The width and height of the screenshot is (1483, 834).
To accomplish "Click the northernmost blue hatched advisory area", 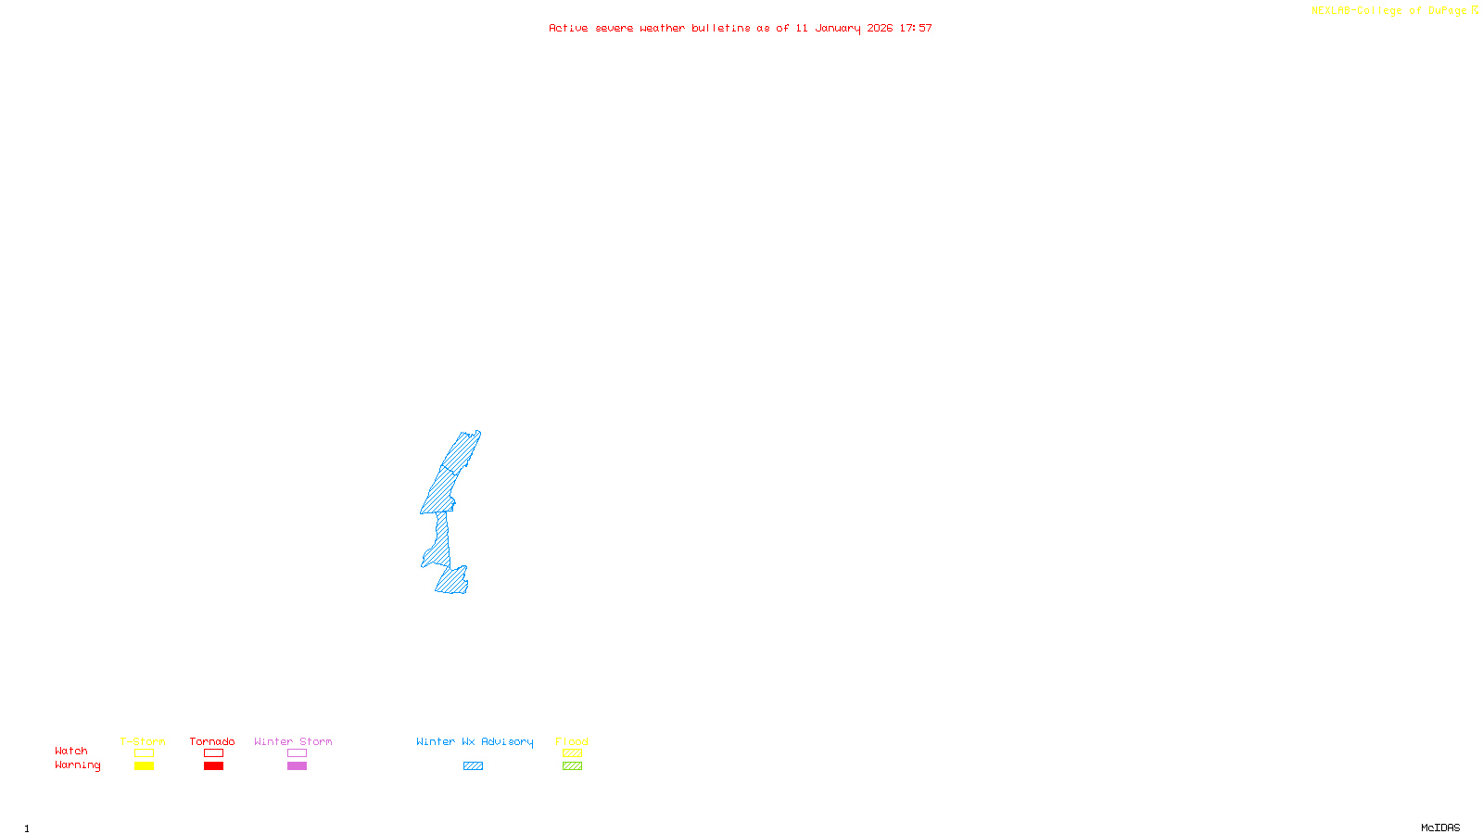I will click(462, 451).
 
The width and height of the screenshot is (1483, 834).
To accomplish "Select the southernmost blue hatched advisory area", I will click(452, 582).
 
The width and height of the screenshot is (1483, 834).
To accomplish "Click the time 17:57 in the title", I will click(916, 28).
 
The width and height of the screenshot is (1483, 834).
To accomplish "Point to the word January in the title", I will click(837, 28).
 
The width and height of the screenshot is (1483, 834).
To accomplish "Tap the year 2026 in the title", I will click(880, 28).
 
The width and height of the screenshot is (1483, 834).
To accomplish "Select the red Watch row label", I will click(71, 751).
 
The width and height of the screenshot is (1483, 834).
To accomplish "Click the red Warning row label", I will click(77, 765).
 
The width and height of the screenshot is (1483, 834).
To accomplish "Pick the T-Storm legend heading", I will click(143, 741).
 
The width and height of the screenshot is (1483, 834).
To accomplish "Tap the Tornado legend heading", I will click(212, 741).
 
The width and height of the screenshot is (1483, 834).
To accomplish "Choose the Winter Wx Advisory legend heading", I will click(475, 741).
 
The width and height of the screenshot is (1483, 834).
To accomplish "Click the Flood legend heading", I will click(572, 741).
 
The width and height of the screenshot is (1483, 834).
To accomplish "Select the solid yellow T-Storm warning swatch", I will click(144, 766).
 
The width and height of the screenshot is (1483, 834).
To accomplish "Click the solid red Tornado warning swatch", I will click(214, 766).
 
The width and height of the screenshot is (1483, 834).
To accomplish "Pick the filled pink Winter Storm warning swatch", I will click(297, 766).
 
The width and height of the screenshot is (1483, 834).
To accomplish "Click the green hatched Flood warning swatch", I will click(572, 766).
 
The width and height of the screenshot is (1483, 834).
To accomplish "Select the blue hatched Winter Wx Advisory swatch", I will click(473, 766).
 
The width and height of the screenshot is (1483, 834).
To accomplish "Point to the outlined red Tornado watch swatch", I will click(214, 753).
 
